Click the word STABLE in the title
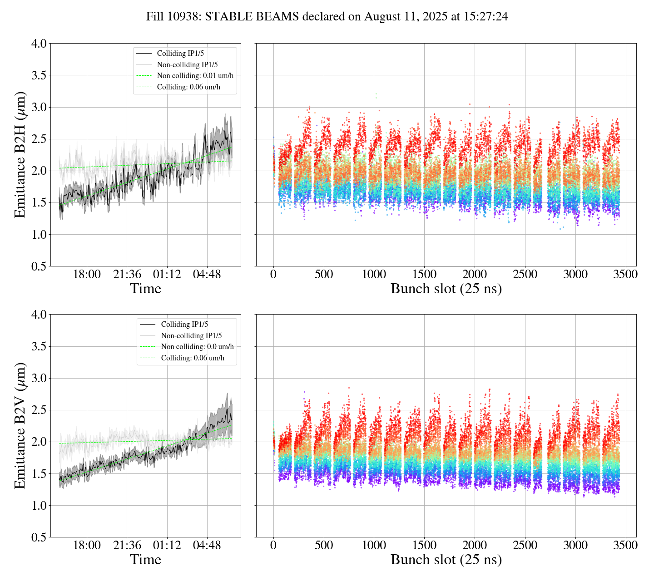point(229,17)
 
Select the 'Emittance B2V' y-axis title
point(20,425)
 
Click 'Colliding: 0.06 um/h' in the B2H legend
point(188,87)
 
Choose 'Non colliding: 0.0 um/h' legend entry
point(197,346)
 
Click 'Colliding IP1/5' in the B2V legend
point(184,324)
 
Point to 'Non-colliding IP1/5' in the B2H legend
point(190,64)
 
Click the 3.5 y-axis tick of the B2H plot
point(39,75)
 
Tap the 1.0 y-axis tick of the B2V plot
point(39,506)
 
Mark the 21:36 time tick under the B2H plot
point(127,275)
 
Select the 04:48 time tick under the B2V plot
point(207,545)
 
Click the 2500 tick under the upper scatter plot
point(525,275)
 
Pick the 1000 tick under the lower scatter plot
point(374,545)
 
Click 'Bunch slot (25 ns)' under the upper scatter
point(446,289)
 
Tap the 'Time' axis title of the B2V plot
point(145,560)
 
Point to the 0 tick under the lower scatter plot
point(273,545)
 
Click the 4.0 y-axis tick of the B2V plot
point(39,315)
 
